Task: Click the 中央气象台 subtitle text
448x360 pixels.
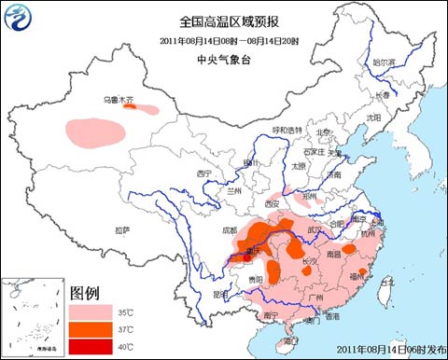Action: coord(222,58)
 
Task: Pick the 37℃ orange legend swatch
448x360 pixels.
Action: coord(92,329)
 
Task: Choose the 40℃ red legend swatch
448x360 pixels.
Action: coord(92,347)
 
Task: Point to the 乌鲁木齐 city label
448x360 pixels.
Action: coord(118,98)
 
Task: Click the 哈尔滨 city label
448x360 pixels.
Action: coord(385,62)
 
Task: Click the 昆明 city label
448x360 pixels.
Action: coord(221,294)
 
